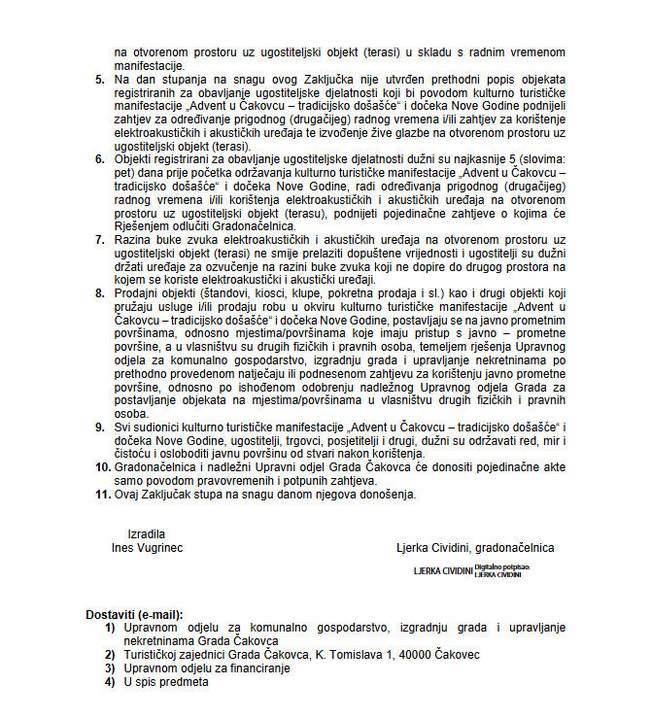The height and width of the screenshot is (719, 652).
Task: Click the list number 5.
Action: point(100,78)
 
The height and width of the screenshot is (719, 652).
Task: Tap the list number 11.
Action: point(101,494)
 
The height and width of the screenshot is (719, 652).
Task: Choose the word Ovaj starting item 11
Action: point(128,494)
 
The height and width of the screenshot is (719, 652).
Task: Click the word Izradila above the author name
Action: point(147,533)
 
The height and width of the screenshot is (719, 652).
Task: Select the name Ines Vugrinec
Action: point(147,547)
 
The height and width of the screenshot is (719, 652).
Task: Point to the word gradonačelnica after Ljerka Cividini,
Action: point(520,547)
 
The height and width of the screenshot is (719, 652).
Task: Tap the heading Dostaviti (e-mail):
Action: point(134,614)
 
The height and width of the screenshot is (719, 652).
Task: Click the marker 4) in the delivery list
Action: point(110,682)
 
